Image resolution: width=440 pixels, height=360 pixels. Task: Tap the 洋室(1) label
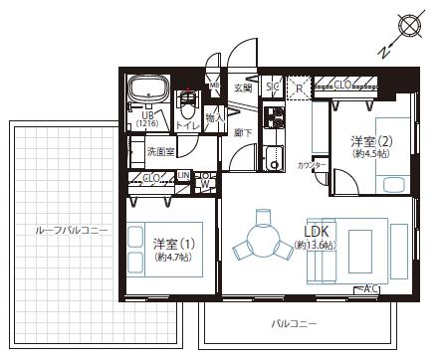coord(166,242)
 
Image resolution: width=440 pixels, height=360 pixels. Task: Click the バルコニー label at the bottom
coord(295,324)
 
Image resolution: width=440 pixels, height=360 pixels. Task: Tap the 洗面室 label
coord(160,152)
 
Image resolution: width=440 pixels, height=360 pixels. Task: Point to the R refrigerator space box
coord(299,89)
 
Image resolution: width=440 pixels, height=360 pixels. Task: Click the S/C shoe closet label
coord(273,89)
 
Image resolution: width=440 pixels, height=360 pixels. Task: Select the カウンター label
coord(314,164)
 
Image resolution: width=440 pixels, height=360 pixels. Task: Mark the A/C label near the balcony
coord(371,288)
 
